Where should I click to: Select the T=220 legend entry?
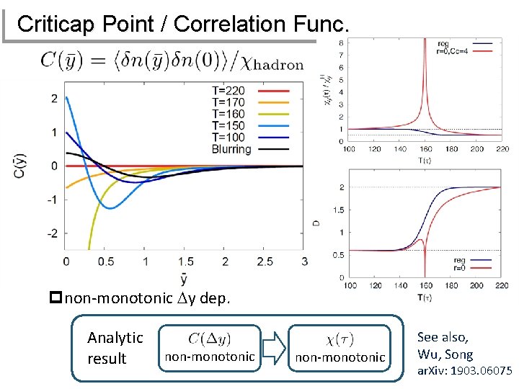(228, 91)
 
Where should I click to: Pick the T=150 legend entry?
(228, 126)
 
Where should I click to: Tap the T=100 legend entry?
(228, 138)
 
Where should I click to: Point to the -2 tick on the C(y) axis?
(52, 233)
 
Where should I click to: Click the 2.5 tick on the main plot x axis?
(265, 260)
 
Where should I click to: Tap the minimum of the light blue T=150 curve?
(108, 208)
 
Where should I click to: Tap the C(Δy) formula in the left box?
(210, 338)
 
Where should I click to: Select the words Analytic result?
(115, 347)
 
